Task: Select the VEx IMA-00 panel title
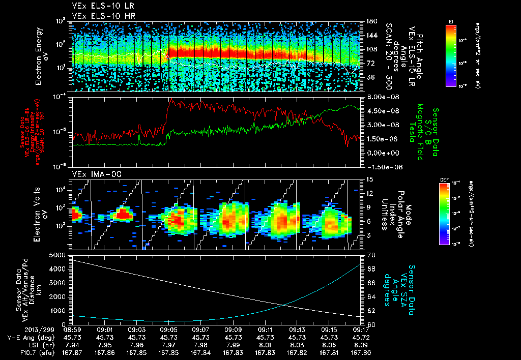pos(90,174)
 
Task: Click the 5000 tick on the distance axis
pos(59,254)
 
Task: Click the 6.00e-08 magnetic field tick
pos(379,97)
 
